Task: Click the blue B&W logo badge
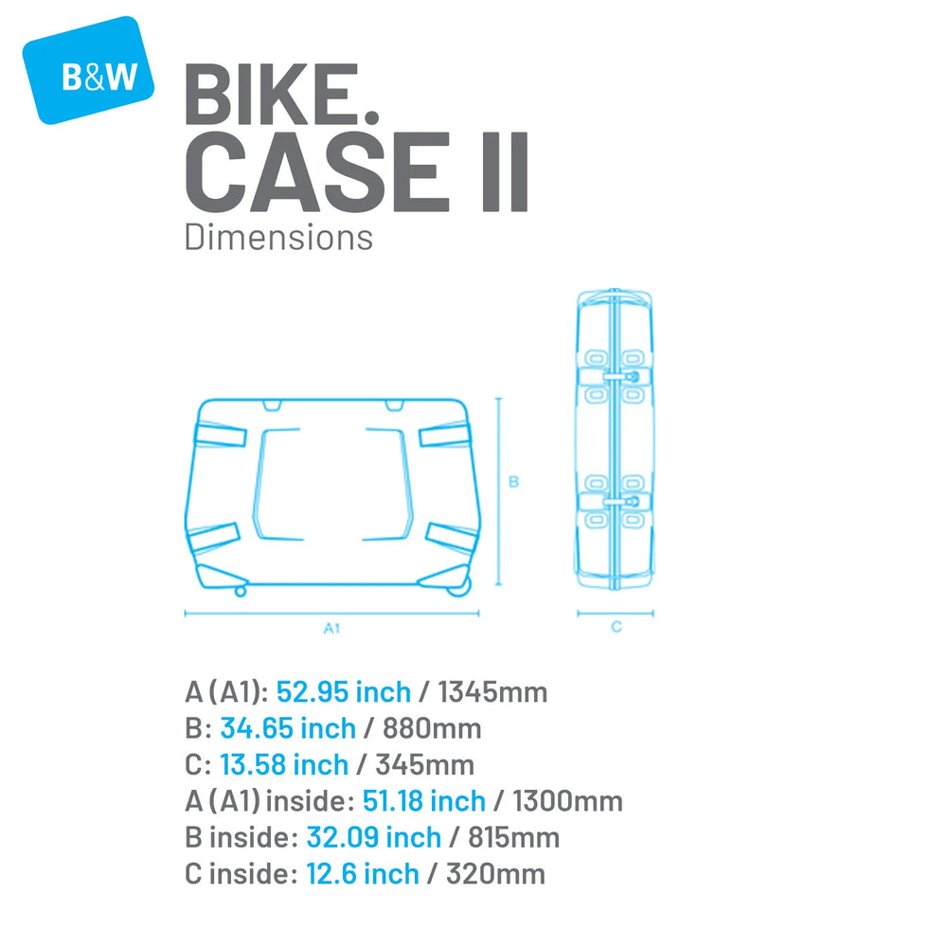88,70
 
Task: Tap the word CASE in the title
317,171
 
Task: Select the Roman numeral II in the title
506,172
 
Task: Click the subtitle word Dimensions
278,238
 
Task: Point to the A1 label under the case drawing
331,628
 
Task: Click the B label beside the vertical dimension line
514,481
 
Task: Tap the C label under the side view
616,627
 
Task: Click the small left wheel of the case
241,591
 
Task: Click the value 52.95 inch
344,692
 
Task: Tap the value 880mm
432,728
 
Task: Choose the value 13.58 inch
284,764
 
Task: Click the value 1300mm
567,801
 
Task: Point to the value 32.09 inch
374,838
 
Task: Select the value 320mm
496,874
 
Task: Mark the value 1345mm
492,692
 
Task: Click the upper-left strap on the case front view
221,435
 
